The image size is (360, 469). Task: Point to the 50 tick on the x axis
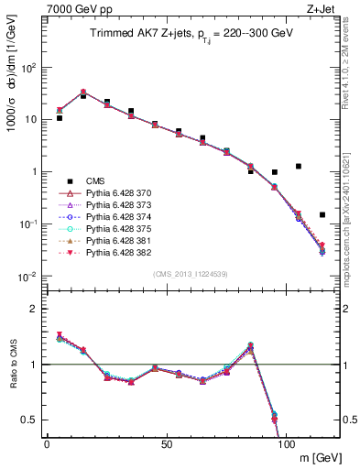(166, 443)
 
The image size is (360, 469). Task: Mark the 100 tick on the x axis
(285, 443)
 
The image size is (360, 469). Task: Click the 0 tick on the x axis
(47, 443)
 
